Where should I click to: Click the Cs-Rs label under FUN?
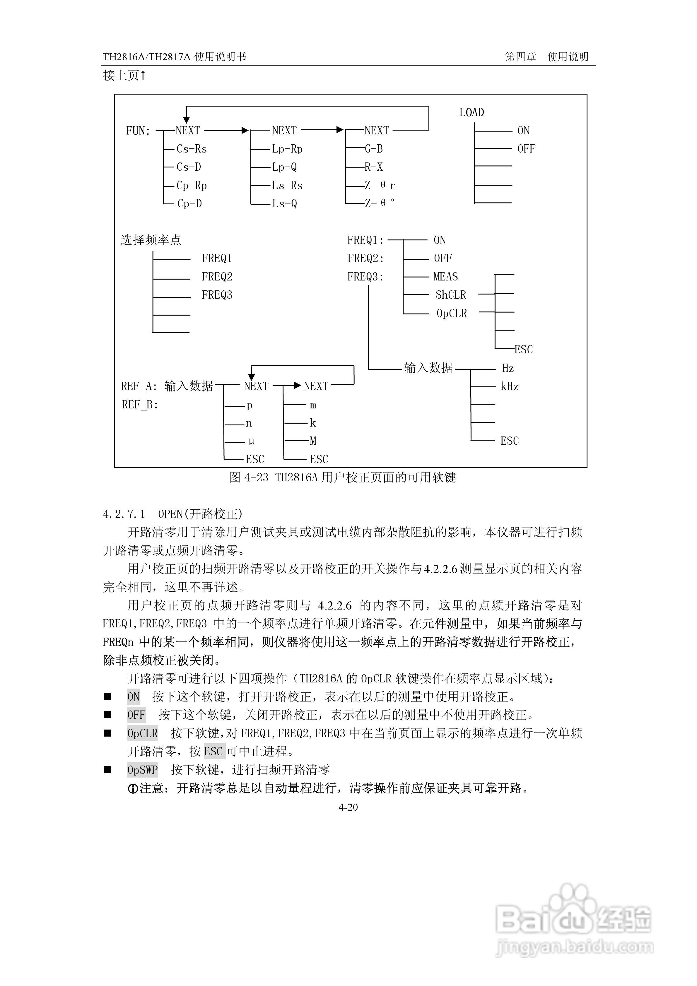tap(192, 149)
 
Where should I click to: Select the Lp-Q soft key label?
tap(284, 167)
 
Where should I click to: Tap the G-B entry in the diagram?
tap(374, 149)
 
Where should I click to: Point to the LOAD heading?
tap(471, 112)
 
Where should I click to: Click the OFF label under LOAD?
tap(526, 149)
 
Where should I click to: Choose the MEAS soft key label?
tap(446, 277)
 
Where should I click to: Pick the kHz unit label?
tap(509, 386)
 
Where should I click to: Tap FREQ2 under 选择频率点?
tap(217, 277)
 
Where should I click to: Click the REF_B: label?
tap(140, 405)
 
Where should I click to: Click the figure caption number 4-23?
tap(256, 477)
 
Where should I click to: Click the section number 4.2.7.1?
tap(124, 514)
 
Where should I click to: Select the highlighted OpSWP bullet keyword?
tap(143, 770)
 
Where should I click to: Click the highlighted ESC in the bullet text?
tap(213, 752)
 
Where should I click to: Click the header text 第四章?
tap(520, 57)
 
